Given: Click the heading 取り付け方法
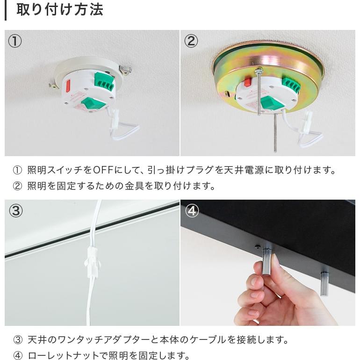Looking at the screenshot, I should pos(59,10).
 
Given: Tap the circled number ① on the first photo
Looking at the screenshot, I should pos(15,41).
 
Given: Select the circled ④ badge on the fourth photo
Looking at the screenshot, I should pos(192,211).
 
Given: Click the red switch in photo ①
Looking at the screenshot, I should pos(68,86).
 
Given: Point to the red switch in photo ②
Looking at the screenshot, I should pos(247,83).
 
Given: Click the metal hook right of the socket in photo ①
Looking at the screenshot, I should pos(125,70).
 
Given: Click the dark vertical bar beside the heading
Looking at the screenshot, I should pos(6,10).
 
